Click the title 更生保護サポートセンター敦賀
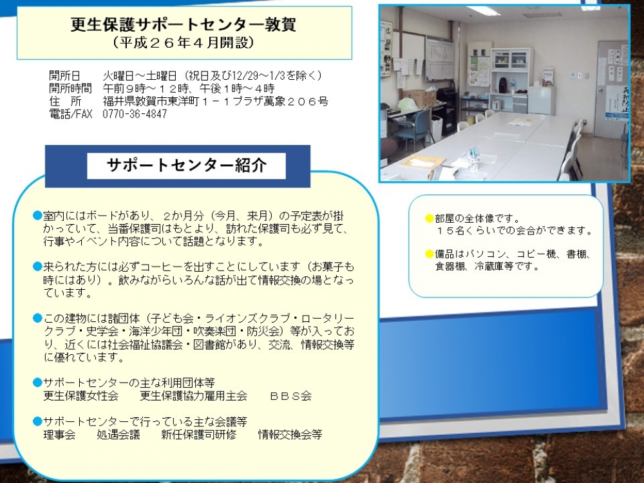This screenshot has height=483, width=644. tap(183, 25)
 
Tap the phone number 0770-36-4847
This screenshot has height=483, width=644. tap(135, 114)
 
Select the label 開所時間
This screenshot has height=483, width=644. tap(70, 88)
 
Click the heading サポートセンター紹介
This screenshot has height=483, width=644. tap(187, 165)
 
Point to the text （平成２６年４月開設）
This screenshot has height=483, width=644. tap(183, 43)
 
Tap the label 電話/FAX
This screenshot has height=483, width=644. tap(70, 114)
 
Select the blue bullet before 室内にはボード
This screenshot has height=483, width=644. tap(38, 216)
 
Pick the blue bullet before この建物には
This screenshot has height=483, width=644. tap(38, 318)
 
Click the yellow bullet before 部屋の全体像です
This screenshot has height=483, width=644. tap(429, 218)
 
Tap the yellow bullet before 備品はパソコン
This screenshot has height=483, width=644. tap(429, 254)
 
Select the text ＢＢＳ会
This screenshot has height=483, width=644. tap(291, 396)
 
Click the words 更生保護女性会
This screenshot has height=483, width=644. tap(81, 396)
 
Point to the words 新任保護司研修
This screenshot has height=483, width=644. tap(199, 435)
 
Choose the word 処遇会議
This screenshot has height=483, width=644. tap(118, 435)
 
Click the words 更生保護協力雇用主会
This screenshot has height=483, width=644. tap(193, 396)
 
